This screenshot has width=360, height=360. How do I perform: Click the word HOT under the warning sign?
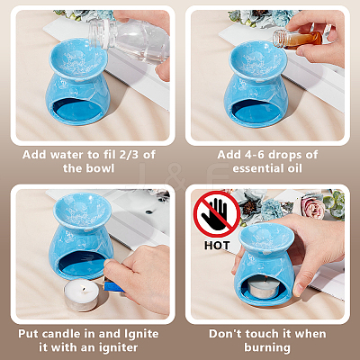pyautogui.click(x=217, y=246)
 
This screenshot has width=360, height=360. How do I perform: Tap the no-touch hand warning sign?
pyautogui.click(x=217, y=214)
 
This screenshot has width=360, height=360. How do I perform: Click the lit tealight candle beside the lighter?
pyautogui.click(x=82, y=295)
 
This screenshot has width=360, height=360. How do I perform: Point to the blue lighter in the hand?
pyautogui.click(x=113, y=285)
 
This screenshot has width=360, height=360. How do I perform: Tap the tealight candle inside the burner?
pyautogui.click(x=264, y=287)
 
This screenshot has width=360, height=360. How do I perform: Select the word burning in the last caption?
pyautogui.click(x=267, y=348)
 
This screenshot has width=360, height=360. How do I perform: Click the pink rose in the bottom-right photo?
pyautogui.click(x=312, y=206)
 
